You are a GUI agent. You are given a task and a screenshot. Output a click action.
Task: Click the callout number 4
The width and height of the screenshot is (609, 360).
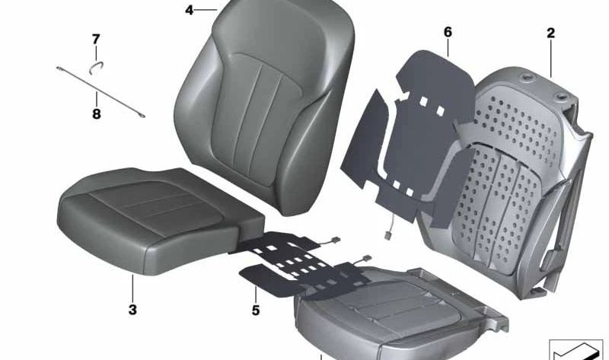click(x=190, y=10)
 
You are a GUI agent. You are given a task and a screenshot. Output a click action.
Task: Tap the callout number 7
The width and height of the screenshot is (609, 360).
click(x=96, y=39)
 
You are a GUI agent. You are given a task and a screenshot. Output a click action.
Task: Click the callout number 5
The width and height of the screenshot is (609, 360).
click(x=256, y=310)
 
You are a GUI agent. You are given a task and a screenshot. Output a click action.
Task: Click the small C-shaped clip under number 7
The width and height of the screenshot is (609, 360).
click(x=97, y=67)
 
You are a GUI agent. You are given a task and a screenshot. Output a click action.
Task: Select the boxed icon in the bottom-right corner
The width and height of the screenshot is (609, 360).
click(x=576, y=349)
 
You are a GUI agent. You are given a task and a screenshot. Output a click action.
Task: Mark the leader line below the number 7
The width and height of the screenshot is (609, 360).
click(x=97, y=54)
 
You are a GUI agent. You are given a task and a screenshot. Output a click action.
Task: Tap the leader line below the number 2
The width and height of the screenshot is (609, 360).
click(x=550, y=57)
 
